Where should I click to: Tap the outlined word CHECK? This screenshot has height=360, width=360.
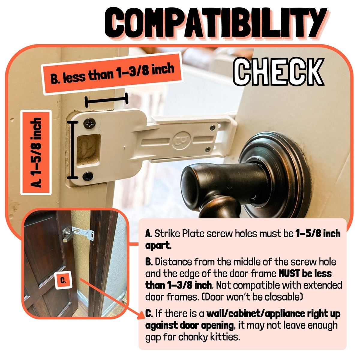click(278, 72)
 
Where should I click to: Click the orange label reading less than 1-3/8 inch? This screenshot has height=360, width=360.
click(113, 73)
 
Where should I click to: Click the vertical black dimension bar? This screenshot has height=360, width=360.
click(73, 150)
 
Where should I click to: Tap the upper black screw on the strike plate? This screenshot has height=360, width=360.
click(89, 123)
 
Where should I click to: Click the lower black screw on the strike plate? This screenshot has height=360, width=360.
click(88, 176)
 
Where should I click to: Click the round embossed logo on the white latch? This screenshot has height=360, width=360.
click(181, 140)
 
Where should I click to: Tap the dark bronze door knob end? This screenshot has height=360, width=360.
click(194, 187)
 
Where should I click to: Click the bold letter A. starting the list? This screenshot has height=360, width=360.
click(149, 234)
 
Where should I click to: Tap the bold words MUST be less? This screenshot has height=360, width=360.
click(305, 274)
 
